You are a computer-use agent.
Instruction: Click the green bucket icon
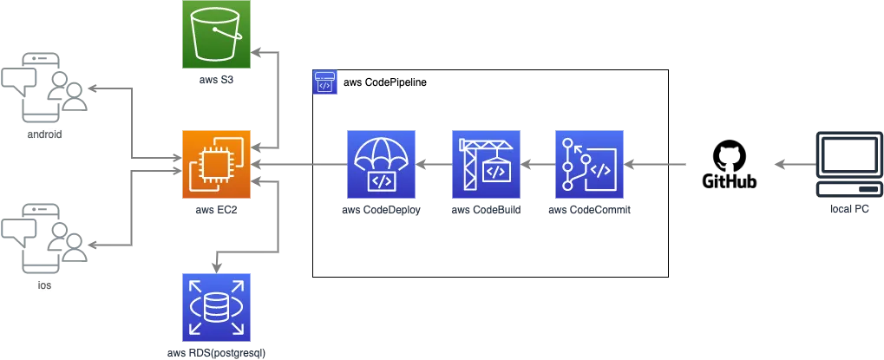[x=216, y=34]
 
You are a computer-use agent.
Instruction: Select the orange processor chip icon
[x=216, y=163]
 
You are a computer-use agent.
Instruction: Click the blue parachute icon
[x=381, y=163]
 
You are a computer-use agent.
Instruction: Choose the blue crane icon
[x=485, y=163]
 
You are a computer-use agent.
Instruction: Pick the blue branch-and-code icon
[x=589, y=163]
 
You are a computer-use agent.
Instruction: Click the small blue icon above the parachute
[x=324, y=83]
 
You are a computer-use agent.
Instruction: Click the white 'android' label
[x=45, y=135]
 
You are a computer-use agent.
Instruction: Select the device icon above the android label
[x=45, y=87]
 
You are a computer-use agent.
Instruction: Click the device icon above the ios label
[x=45, y=236]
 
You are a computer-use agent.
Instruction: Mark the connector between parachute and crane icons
[x=433, y=163]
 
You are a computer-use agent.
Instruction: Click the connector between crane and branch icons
[x=537, y=163]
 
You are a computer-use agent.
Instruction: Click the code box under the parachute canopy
[x=381, y=180]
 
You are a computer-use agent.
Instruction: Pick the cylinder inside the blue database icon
[x=216, y=306]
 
